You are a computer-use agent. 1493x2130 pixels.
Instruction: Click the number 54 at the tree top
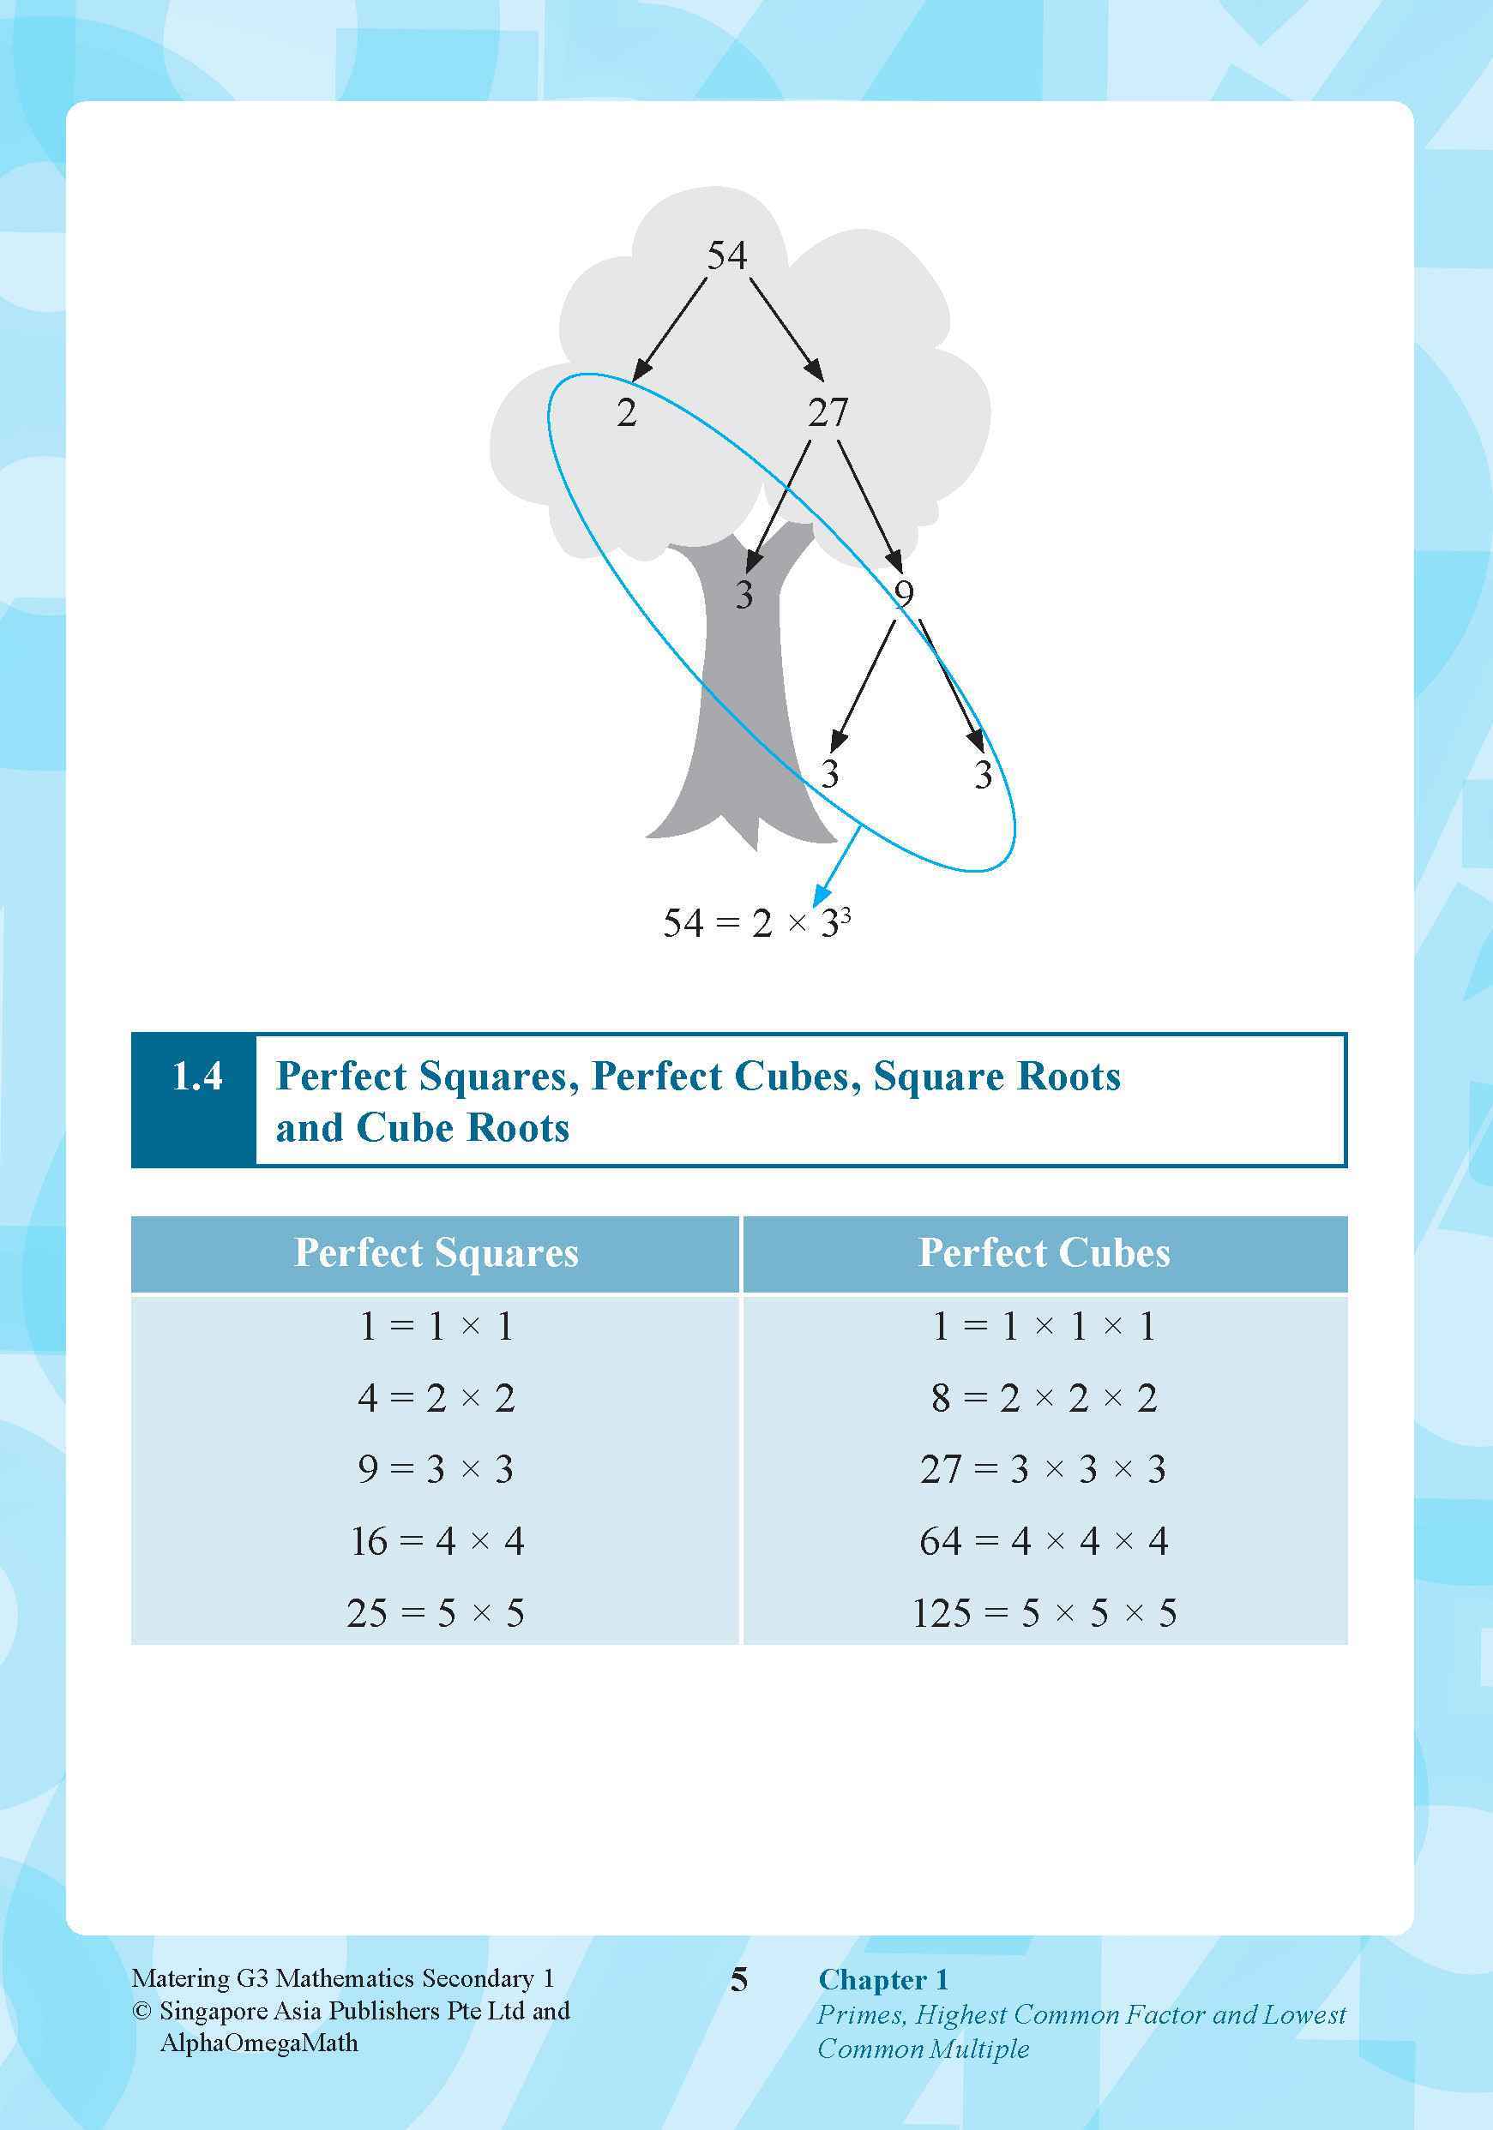(x=726, y=255)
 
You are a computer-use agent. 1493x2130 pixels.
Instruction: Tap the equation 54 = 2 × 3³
(x=756, y=923)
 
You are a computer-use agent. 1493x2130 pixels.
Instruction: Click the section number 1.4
(x=196, y=1076)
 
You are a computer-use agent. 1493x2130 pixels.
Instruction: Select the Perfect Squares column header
(x=436, y=1253)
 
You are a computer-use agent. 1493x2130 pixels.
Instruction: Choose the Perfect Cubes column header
(x=1044, y=1253)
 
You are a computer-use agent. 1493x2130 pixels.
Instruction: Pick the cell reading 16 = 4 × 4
(x=437, y=1542)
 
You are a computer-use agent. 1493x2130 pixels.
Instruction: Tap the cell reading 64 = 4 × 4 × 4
(x=1044, y=1542)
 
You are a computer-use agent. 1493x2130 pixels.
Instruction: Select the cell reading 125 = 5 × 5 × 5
(x=1044, y=1613)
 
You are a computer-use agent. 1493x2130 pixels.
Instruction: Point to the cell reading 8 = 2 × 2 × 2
(x=1044, y=1398)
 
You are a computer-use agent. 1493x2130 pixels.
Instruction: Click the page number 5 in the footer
(x=738, y=1981)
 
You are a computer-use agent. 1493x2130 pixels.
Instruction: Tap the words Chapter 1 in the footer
(x=882, y=1981)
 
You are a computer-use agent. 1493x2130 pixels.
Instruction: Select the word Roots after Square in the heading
(x=1068, y=1076)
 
